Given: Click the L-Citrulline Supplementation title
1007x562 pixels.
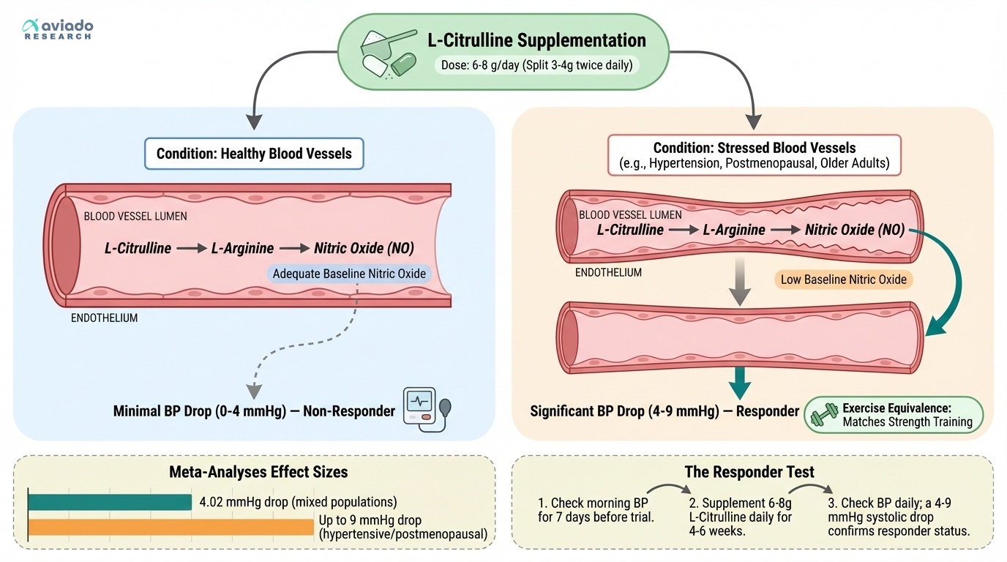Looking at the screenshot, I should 536,40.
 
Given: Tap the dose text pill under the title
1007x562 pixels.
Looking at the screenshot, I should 536,64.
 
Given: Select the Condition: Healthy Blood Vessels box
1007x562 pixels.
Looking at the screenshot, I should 254,154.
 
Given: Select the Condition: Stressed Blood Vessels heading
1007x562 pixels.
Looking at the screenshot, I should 754,149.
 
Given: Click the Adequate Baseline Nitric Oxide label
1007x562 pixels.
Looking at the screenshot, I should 348,274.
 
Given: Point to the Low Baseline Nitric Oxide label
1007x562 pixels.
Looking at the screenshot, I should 843,279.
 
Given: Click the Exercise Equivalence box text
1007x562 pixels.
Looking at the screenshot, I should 907,415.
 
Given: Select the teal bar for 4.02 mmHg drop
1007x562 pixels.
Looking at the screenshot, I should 110,502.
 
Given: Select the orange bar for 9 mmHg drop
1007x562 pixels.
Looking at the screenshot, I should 171,527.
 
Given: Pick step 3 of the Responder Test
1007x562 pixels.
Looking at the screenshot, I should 899,517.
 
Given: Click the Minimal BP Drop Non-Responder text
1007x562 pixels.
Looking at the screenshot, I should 254,411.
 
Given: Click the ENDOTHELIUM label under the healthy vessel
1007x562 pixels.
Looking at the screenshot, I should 104,318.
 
